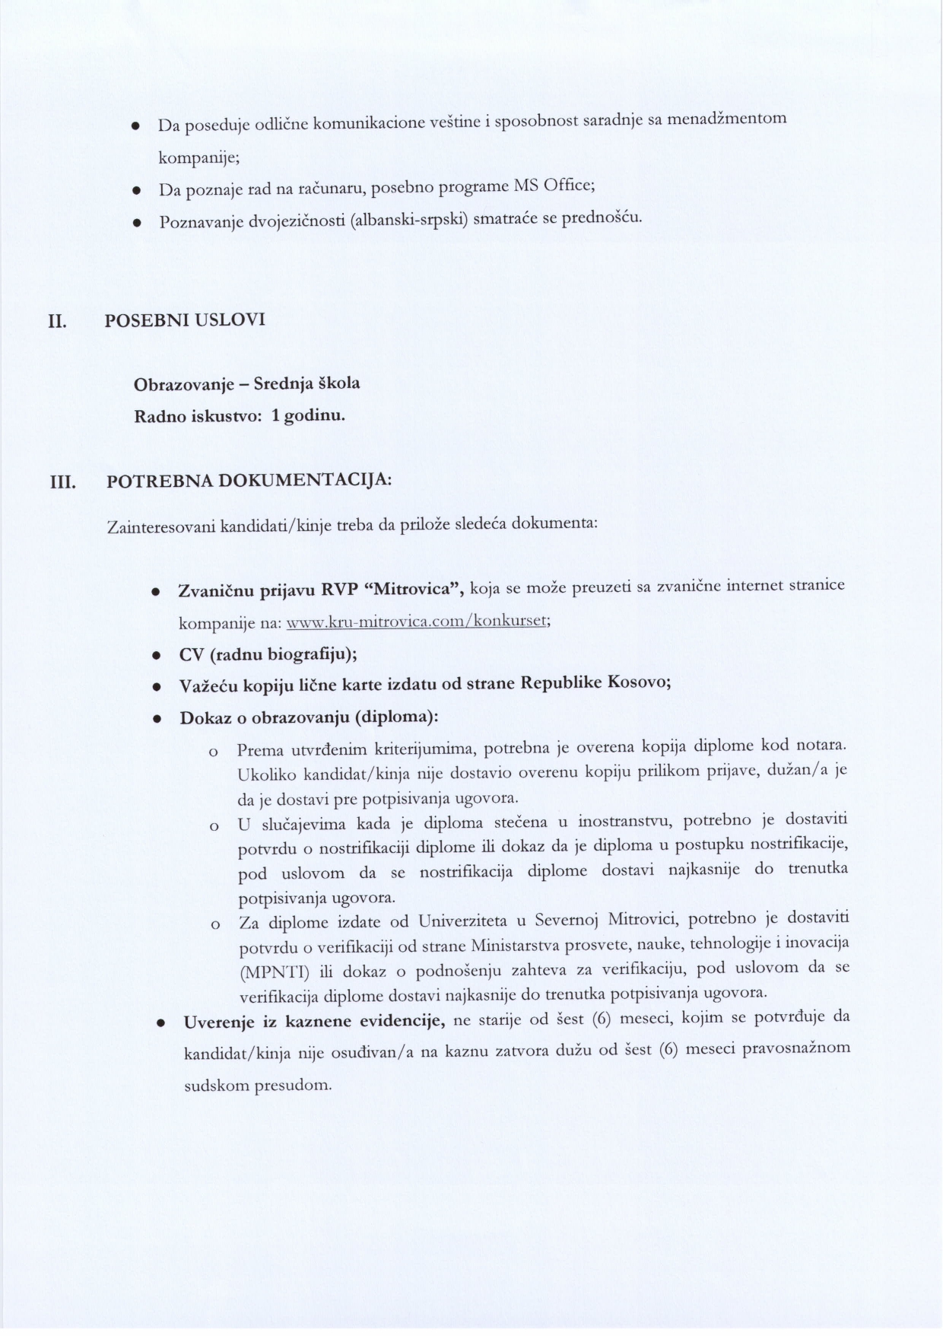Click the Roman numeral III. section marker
62,483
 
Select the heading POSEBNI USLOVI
184,320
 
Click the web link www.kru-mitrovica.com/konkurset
417,620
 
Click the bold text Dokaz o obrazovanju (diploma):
309,717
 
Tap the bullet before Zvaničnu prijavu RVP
156,591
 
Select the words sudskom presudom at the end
259,1086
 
